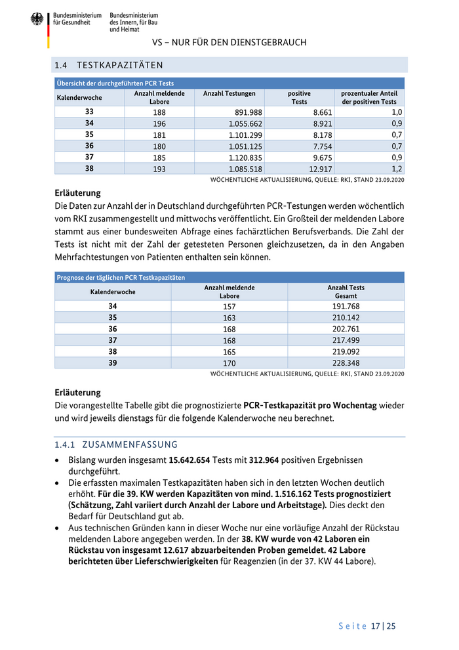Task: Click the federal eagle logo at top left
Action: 37,20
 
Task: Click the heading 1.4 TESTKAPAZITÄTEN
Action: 109,65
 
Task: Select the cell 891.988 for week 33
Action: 245,112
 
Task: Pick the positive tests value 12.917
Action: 319,169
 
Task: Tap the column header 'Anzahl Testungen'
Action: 229,94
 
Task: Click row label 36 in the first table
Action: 89,146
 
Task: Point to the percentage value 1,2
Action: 397,169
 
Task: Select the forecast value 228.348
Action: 346,362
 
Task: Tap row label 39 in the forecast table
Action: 113,362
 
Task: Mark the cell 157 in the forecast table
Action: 229,307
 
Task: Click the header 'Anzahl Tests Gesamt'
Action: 346,292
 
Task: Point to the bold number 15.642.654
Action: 198,460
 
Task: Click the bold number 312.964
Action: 269,460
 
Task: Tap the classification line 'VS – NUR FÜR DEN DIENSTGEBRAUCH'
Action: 229,43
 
